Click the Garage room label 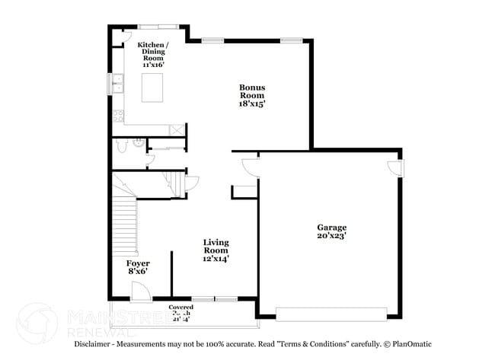point(331,228)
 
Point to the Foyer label point(138,263)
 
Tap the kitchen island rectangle point(153,88)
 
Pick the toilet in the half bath point(118,146)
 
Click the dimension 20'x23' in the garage point(332,236)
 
